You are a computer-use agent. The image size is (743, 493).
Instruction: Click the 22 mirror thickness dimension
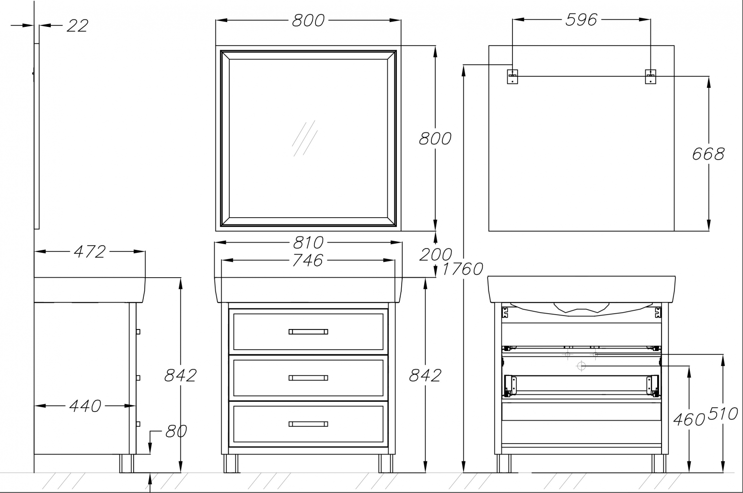[77, 26]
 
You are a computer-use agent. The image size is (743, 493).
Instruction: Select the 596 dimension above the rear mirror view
[581, 20]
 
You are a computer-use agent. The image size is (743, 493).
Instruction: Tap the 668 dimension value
[708, 154]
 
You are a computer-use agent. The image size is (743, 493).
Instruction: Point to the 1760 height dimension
[463, 269]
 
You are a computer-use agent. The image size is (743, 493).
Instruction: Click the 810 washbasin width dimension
[308, 243]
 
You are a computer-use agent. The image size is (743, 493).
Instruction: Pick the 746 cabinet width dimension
[307, 260]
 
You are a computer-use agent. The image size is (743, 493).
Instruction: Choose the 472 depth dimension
[90, 252]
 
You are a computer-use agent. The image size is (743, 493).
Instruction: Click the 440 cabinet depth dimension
[85, 406]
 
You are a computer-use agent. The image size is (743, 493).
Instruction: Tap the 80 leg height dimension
[176, 431]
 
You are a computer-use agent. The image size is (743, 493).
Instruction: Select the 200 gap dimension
[436, 255]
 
